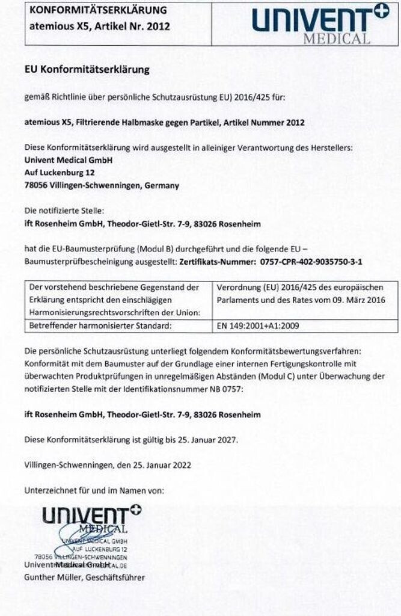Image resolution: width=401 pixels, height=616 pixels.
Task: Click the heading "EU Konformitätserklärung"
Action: click(87, 70)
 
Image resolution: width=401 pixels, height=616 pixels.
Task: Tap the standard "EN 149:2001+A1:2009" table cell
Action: click(258, 327)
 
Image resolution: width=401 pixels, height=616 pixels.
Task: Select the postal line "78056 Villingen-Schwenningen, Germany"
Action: click(101, 186)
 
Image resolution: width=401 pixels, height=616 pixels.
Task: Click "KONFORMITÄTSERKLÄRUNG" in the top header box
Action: click(98, 11)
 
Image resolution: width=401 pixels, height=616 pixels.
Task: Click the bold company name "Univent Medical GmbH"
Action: click(68, 160)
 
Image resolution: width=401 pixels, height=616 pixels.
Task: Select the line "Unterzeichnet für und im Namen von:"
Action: click(94, 491)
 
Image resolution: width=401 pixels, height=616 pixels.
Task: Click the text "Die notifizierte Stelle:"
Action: click(64, 211)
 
